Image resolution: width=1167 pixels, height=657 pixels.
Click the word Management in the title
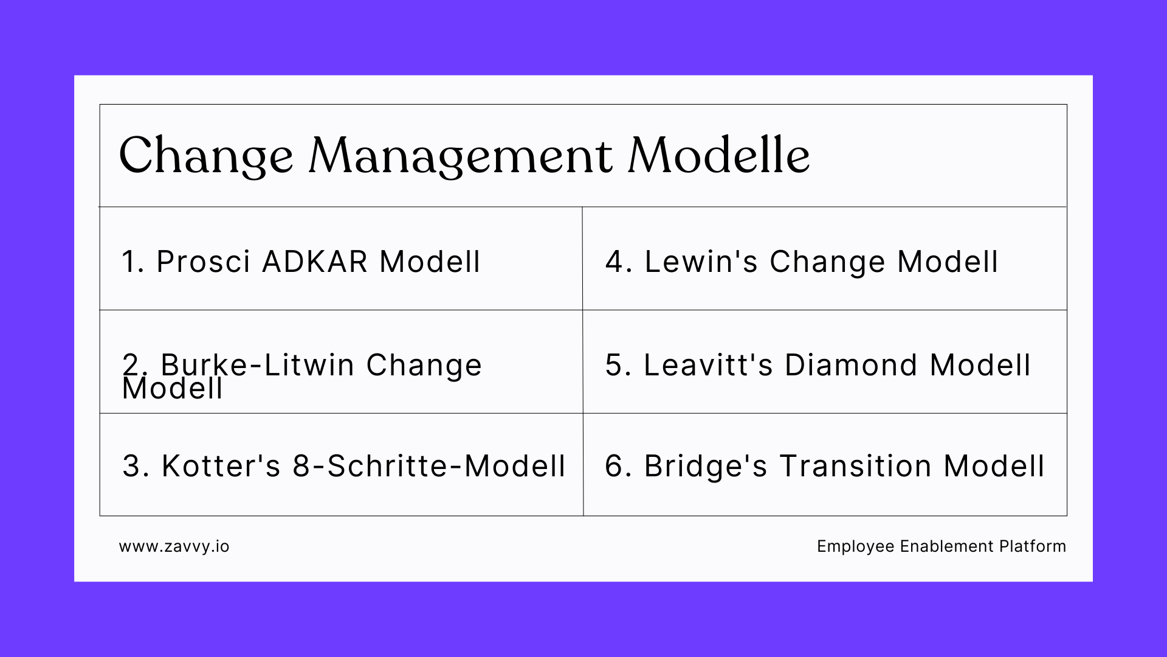point(460,157)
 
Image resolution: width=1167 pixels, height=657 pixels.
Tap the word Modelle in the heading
point(718,156)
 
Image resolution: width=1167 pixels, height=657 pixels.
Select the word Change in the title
point(206,157)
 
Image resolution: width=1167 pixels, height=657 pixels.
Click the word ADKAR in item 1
point(315,262)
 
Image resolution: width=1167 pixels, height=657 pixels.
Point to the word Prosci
point(203,262)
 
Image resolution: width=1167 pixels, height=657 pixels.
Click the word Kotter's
point(221,466)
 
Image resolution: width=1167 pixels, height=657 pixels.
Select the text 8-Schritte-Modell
point(429,466)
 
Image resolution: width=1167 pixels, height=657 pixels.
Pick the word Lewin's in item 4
point(701,262)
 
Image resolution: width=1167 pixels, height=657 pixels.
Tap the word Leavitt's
point(708,365)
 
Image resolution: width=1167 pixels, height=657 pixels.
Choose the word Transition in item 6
point(855,466)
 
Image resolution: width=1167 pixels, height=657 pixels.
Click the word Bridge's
point(706,466)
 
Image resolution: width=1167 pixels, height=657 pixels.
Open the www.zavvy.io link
point(174,546)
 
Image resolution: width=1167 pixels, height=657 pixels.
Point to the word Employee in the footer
point(855,546)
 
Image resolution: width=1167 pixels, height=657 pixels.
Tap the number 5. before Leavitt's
point(618,365)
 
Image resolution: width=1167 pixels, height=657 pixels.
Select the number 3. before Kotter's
point(136,466)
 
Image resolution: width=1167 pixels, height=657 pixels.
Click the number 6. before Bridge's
point(618,466)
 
